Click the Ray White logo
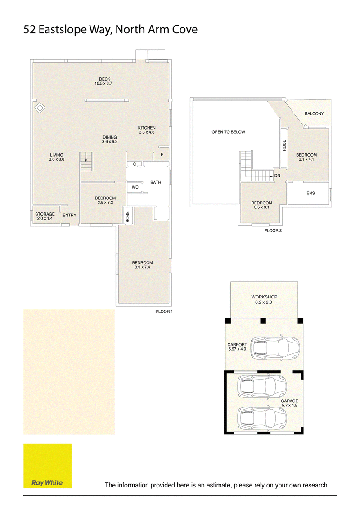click(47, 466)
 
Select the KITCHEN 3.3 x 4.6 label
click(147, 130)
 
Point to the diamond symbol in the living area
click(40, 108)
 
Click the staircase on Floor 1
click(86, 161)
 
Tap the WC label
click(135, 187)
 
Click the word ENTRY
click(69, 216)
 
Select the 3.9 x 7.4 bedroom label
click(142, 265)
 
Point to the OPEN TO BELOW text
click(229, 132)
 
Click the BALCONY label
click(314, 114)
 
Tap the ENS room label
click(310, 194)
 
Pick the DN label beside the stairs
click(277, 176)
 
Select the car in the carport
click(275, 347)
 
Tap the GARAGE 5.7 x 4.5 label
click(289, 403)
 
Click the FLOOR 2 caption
click(273, 231)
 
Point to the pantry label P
click(162, 154)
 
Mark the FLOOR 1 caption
click(164, 311)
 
